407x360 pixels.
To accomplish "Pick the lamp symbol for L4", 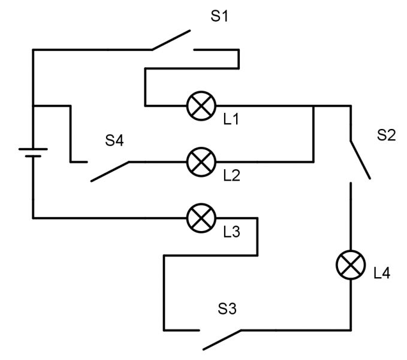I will click(x=350, y=264).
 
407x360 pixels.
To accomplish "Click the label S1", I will click(x=219, y=16).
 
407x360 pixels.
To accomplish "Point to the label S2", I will click(x=386, y=135).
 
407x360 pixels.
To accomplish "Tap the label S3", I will click(x=227, y=310).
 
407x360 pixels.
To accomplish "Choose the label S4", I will click(x=114, y=141).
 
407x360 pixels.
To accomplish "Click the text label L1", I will click(x=231, y=119).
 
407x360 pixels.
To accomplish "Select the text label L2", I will click(x=231, y=176).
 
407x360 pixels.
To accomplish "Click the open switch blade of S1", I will click(x=171, y=40).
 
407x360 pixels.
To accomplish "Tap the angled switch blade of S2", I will click(x=360, y=160).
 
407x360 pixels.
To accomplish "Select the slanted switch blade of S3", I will click(x=222, y=340).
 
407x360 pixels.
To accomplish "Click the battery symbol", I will click(x=33, y=152).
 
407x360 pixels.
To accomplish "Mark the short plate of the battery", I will click(x=33, y=156).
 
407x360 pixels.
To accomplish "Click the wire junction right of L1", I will click(x=313, y=106).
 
